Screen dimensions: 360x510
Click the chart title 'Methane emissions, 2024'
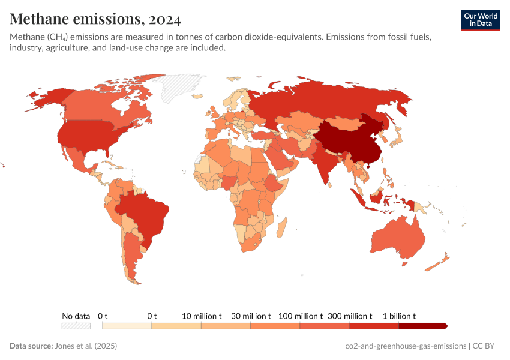pos(95,19)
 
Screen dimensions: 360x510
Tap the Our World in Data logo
pos(480,20)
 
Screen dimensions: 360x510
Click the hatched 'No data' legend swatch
pos(76,326)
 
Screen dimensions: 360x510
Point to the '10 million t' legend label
pos(202,316)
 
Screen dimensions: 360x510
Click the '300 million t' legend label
pos(349,316)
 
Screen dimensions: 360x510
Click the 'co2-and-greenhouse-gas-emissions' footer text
pos(406,346)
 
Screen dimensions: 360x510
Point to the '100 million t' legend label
pos(300,316)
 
